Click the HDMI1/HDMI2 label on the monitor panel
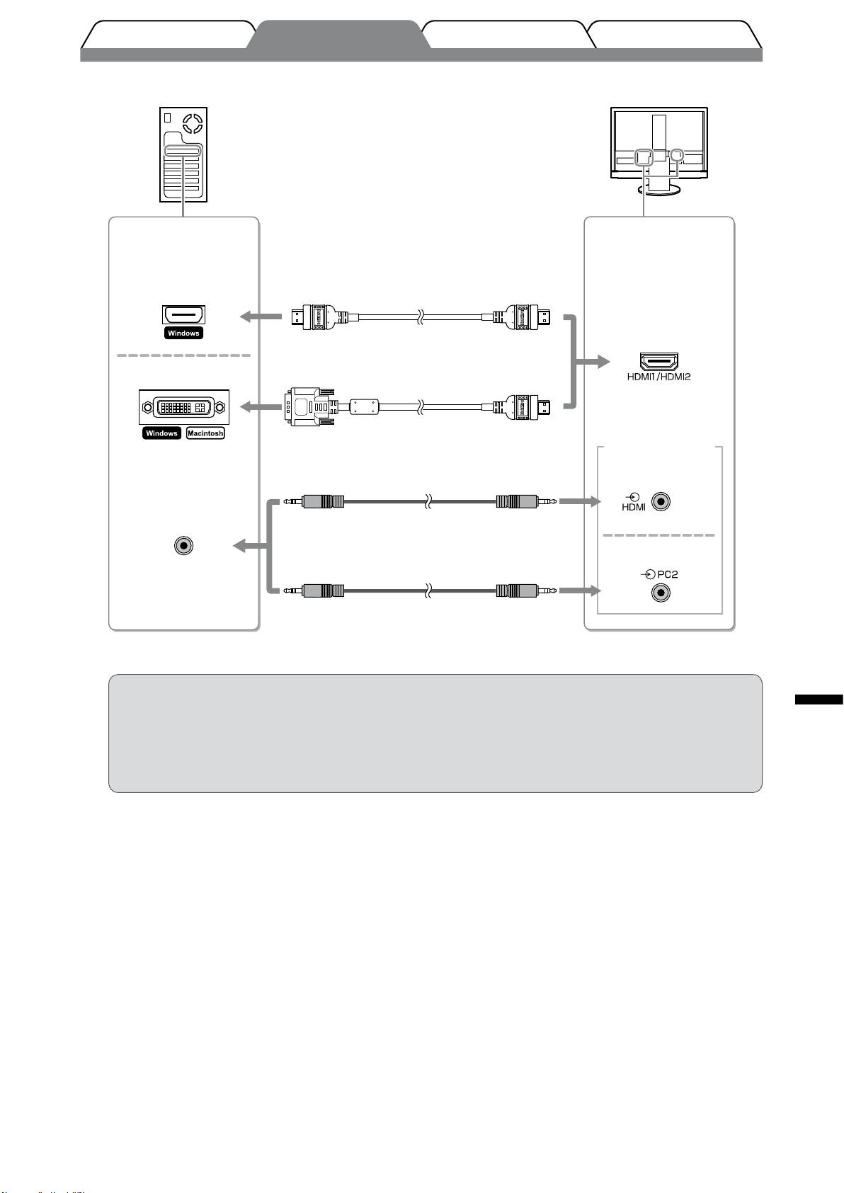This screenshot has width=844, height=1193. tap(658, 377)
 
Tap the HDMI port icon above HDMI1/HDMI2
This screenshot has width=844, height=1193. tap(658, 361)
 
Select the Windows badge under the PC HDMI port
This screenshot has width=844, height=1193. tap(183, 333)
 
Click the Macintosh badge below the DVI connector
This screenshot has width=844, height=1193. tap(205, 433)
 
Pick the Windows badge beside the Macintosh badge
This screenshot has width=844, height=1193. tap(161, 433)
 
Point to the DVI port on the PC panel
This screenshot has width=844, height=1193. tap(183, 407)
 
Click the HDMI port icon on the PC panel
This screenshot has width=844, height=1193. tap(183, 315)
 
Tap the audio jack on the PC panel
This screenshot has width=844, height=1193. tap(183, 545)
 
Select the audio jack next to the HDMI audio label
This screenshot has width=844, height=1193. tap(661, 502)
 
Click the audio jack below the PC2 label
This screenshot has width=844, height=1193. tap(661, 592)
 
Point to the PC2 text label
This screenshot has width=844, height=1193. tap(667, 574)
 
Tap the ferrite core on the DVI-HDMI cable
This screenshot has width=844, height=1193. tap(364, 407)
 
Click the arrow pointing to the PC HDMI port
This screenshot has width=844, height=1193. tap(261, 317)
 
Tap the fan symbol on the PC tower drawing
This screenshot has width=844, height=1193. tap(193, 124)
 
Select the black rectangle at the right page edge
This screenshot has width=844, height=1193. tap(819, 700)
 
